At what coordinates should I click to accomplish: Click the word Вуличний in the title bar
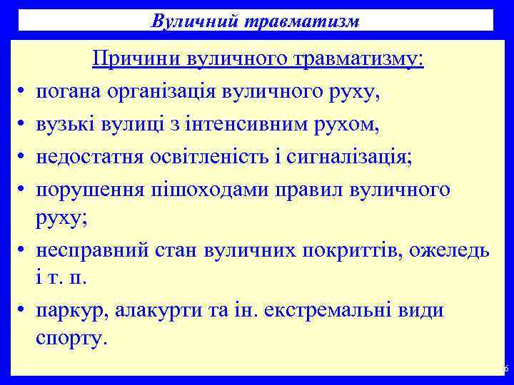186,21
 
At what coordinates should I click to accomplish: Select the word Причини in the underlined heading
137,60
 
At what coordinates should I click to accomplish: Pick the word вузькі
64,125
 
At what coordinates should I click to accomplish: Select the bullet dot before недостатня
22,158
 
